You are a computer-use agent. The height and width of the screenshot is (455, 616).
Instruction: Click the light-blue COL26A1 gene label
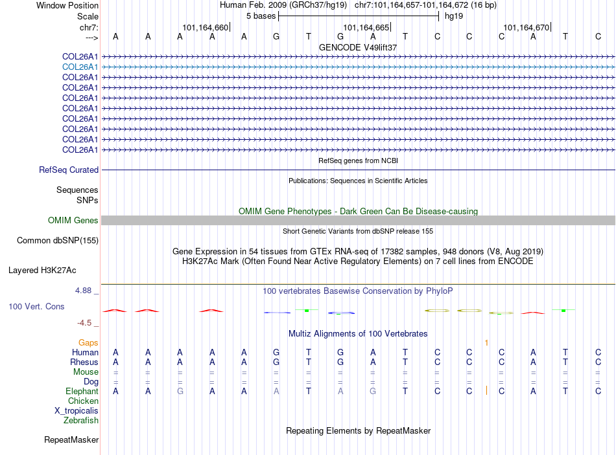click(x=80, y=67)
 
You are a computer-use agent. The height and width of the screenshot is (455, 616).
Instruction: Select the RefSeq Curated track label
click(x=69, y=170)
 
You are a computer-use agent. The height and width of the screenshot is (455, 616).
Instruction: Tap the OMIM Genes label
click(x=73, y=221)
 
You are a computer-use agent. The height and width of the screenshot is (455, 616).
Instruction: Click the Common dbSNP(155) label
click(x=57, y=241)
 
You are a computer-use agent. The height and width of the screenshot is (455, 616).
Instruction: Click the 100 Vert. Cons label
click(x=36, y=306)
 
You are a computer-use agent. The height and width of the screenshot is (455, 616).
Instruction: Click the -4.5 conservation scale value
click(x=84, y=323)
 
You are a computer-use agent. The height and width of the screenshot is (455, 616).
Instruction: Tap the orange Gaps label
click(x=88, y=342)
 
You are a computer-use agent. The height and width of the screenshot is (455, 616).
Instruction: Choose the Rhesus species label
click(x=85, y=362)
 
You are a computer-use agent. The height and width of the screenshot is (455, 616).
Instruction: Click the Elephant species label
click(x=82, y=392)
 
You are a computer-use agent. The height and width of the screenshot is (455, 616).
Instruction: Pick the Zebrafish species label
click(x=81, y=421)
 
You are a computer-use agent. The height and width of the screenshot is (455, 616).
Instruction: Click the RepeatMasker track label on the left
click(x=71, y=440)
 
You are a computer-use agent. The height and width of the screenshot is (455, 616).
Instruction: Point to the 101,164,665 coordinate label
click(x=366, y=28)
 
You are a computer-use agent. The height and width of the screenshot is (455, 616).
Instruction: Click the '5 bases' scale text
click(x=261, y=16)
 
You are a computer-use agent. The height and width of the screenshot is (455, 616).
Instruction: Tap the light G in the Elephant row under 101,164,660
click(x=180, y=391)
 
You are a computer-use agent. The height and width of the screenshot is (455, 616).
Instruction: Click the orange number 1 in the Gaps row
click(x=486, y=342)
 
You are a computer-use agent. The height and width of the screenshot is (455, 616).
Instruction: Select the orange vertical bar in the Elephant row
click(x=486, y=391)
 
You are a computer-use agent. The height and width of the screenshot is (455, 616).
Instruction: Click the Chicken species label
click(x=83, y=401)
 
